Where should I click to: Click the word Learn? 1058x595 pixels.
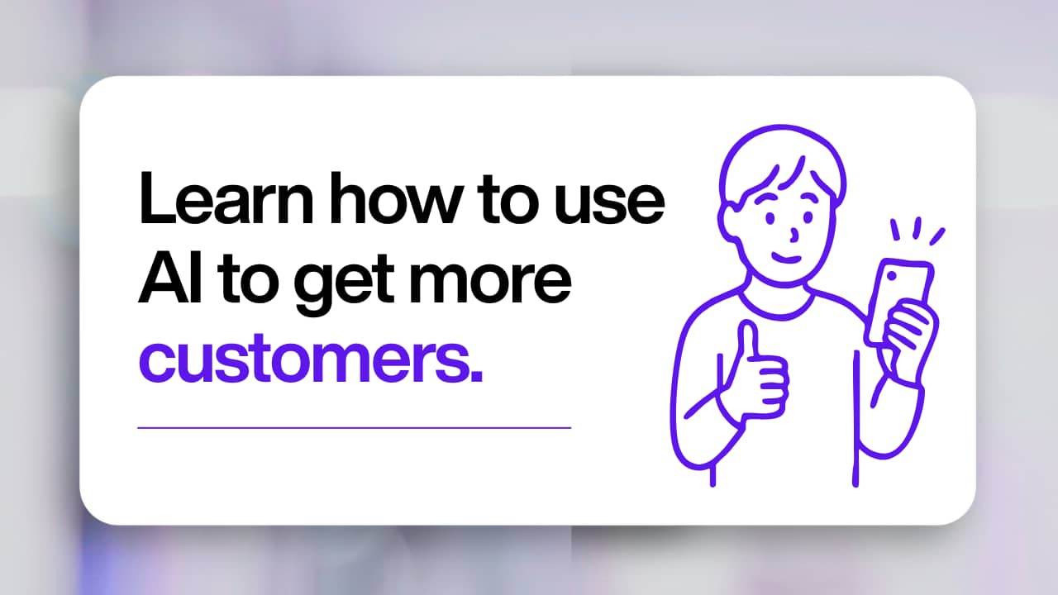coord(226,198)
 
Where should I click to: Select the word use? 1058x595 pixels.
coord(609,205)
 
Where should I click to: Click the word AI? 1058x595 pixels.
coord(170,278)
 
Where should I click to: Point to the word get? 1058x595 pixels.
coord(345,285)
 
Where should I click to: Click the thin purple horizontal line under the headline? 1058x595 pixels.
coord(355,428)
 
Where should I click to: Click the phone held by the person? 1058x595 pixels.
coord(898,302)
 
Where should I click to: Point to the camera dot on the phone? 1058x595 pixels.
coord(892,276)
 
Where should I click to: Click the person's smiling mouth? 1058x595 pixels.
coord(786,259)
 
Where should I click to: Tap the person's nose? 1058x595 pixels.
coord(794,234)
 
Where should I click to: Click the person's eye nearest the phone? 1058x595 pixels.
coord(808,217)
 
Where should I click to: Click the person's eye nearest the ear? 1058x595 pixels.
coord(770,219)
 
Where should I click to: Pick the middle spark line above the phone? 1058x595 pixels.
coord(917,227)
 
